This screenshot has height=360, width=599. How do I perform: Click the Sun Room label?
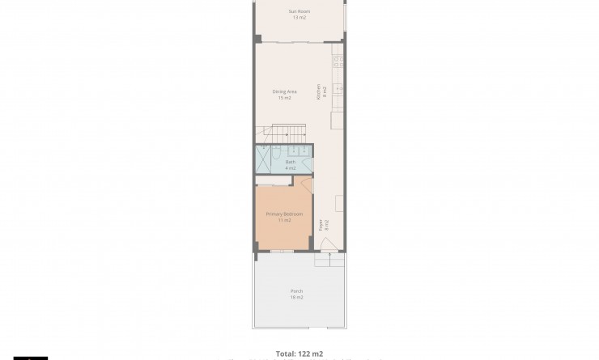(299, 11)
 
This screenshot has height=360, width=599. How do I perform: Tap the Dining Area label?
(284, 91)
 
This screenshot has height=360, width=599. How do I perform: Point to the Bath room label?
(291, 162)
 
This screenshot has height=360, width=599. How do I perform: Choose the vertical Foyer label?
(321, 225)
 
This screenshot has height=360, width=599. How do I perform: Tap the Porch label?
(296, 291)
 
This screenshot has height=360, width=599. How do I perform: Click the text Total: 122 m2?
(299, 354)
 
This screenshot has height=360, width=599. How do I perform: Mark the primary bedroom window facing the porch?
(282, 252)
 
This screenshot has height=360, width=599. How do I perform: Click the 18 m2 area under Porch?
(296, 298)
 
